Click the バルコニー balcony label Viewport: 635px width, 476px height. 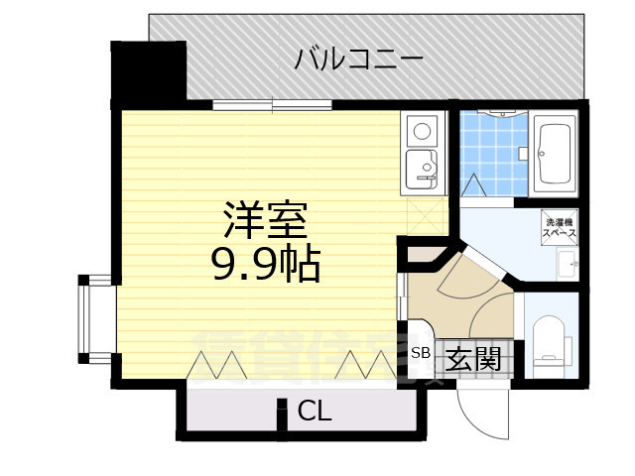359,59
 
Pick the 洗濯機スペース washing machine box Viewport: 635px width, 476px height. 560,226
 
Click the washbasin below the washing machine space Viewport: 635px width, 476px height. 568,264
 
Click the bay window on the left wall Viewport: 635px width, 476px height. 96,317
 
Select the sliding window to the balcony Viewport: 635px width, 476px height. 272,104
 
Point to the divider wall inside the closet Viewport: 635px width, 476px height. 283,416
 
